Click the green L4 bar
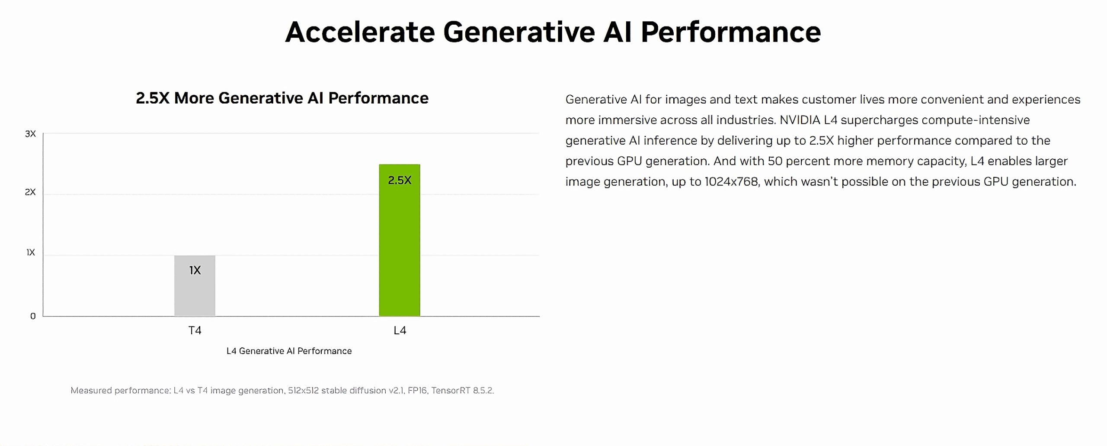(x=400, y=240)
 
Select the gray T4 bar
(x=195, y=286)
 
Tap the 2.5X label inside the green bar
(x=400, y=180)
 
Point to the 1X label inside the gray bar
(x=195, y=270)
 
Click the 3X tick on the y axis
(x=30, y=134)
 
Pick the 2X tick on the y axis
(x=30, y=192)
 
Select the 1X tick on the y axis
(x=31, y=252)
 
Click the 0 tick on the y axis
(x=33, y=316)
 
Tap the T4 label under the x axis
(x=195, y=330)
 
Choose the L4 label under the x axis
(x=400, y=330)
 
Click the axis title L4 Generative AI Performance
(x=289, y=351)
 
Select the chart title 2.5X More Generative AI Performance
(x=282, y=98)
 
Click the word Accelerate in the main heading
(x=360, y=32)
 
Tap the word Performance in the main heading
(x=730, y=32)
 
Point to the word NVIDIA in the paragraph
(x=800, y=120)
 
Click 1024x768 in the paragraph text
(x=731, y=181)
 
